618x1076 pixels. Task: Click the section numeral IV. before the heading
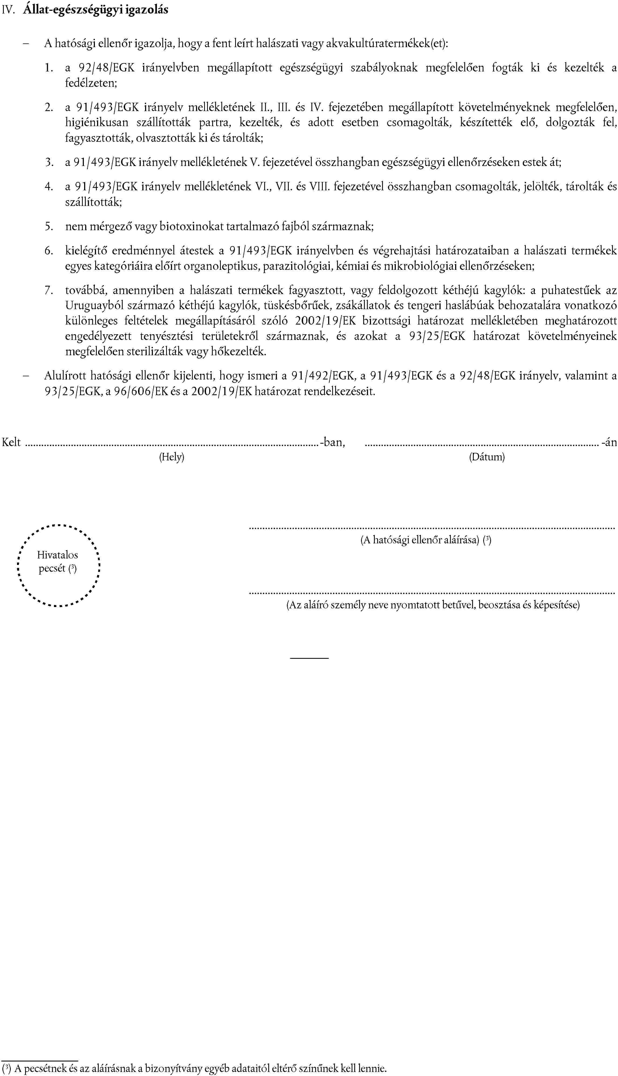[x=8, y=10]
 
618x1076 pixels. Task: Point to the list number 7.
[x=49, y=291]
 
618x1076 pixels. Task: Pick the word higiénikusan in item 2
[x=96, y=123]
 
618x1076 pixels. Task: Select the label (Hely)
[x=171, y=457]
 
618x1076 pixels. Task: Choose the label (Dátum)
[x=486, y=457]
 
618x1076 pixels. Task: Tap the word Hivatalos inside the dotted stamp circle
[x=57, y=555]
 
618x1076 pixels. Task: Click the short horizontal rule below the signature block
[x=309, y=658]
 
